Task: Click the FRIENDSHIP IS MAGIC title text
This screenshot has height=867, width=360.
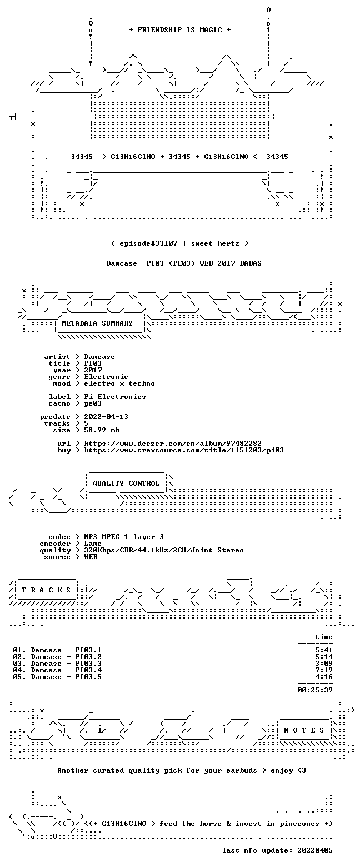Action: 180,30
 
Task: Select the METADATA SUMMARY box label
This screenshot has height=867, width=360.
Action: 97,323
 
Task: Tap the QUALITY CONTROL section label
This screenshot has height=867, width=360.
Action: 126,484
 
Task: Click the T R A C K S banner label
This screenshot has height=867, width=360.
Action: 47,590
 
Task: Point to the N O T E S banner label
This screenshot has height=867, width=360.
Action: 304,730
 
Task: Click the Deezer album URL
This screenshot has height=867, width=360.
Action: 173,444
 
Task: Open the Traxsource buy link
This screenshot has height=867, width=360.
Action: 184,450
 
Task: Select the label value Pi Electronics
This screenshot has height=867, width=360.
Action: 115,397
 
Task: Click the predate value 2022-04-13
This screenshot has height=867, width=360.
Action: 106,417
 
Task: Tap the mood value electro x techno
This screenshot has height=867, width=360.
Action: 119,383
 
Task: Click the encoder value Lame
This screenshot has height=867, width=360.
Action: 93,544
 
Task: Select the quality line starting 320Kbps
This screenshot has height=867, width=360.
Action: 164,550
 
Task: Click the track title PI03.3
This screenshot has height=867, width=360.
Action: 88,664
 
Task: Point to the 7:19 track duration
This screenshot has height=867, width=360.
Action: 324,670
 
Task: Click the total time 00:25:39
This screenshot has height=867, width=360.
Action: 315,690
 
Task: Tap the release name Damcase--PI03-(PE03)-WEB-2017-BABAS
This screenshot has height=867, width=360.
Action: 184,263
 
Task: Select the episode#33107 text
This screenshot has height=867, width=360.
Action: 148,243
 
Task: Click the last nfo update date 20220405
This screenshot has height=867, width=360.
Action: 315,850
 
